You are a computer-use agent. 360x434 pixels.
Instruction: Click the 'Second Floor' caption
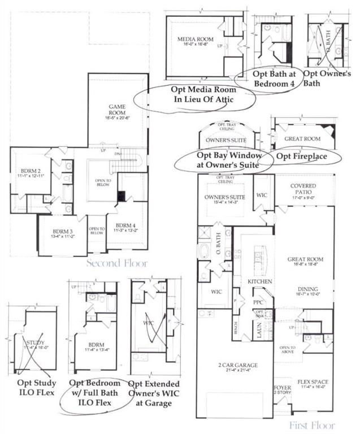tap(117, 263)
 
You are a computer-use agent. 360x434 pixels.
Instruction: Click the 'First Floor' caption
tap(312, 425)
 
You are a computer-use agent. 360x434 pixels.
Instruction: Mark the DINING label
tap(303, 287)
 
